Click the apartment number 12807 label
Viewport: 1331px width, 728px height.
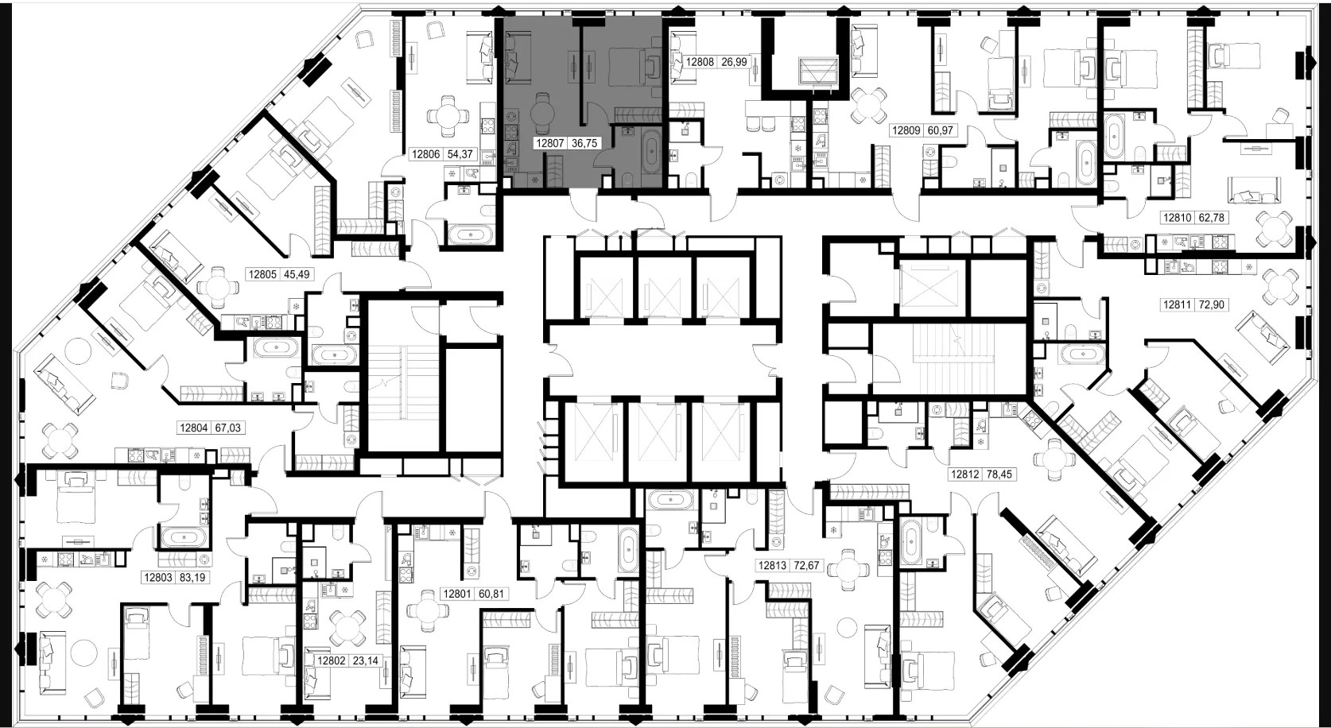tap(549, 143)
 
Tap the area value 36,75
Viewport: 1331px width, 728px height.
tap(584, 143)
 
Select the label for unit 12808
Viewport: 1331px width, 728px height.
tap(700, 62)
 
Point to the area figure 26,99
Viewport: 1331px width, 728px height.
tap(735, 62)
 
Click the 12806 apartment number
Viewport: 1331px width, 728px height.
tap(425, 154)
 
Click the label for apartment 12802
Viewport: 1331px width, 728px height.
tap(332, 660)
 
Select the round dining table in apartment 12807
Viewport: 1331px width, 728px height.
tap(542, 113)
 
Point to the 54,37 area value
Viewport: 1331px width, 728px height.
tap(460, 154)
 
